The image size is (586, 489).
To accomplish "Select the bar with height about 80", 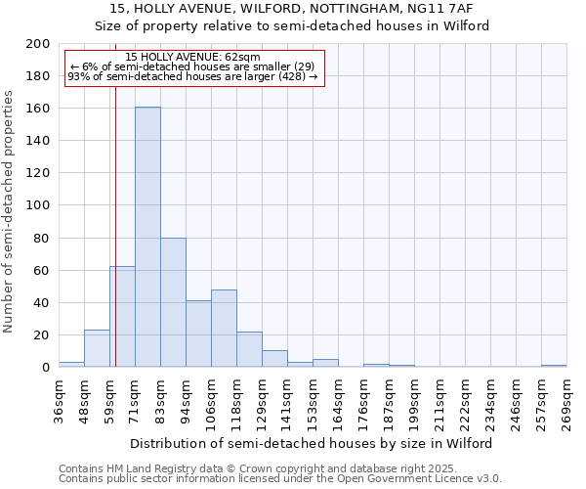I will tap(173, 302).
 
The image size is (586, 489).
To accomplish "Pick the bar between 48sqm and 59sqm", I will tap(97, 348).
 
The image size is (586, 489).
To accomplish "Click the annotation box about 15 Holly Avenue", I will tap(193, 67).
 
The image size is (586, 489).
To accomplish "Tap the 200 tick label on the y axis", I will tap(38, 44).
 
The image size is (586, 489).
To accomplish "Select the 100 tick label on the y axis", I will tap(38, 205).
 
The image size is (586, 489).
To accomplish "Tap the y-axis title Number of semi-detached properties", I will tap(10, 211).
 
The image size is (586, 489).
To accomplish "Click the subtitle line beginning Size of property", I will tap(292, 25).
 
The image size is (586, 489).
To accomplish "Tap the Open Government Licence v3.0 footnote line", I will tap(280, 479).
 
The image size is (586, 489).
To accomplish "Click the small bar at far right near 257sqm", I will tap(554, 366).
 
